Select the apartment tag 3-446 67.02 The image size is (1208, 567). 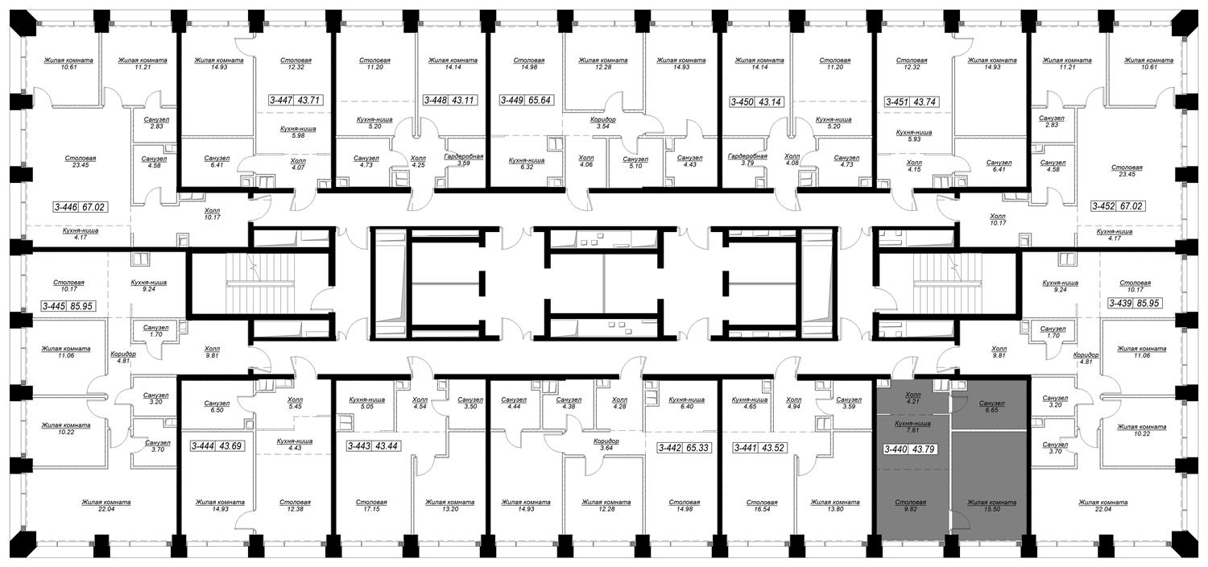79,207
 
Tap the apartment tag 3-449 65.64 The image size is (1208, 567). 526,101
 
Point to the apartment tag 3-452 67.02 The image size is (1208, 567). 1118,206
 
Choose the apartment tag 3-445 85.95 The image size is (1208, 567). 68,306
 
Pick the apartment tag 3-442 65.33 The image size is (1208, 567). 683,448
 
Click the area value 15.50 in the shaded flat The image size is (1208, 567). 991,509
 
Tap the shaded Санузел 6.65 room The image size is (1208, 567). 991,406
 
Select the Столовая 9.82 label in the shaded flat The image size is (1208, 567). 910,505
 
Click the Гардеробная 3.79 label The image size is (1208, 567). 747,159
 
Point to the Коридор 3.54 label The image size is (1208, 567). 603,123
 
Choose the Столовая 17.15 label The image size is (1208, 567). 371,506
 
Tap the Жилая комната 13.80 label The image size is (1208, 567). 835,506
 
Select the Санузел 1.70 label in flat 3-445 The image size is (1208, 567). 156,331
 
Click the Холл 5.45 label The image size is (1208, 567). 295,403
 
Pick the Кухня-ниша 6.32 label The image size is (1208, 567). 527,163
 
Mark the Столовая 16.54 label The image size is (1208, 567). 762,506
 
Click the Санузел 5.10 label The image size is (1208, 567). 635,163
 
